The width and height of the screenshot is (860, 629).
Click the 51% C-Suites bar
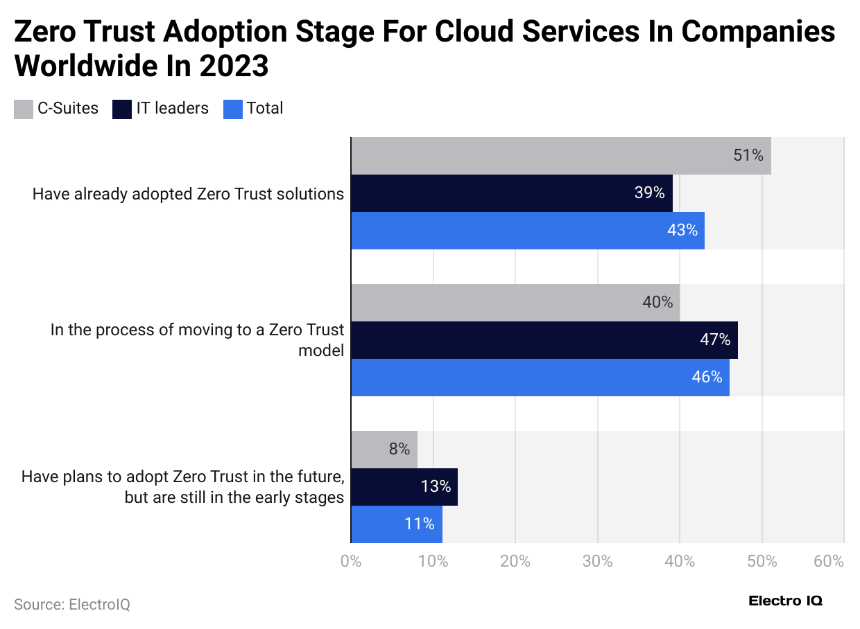pyautogui.click(x=560, y=156)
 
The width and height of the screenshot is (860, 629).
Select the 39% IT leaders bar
pyautogui.click(x=511, y=193)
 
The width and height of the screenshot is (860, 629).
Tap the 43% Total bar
pyautogui.click(x=527, y=231)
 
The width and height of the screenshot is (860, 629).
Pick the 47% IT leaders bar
pyautogui.click(x=544, y=339)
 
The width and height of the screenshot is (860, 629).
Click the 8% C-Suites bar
pyautogui.click(x=384, y=449)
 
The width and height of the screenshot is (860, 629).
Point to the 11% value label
pyautogui.click(x=420, y=524)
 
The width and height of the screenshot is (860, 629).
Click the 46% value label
pyautogui.click(x=707, y=378)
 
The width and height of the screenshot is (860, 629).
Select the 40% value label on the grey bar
pyautogui.click(x=657, y=302)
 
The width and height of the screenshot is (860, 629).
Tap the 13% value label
pyautogui.click(x=436, y=486)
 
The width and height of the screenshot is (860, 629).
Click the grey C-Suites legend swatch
pyautogui.click(x=24, y=109)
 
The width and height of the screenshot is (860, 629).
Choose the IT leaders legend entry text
pyautogui.click(x=173, y=108)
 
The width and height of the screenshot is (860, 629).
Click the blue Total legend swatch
pyautogui.click(x=233, y=109)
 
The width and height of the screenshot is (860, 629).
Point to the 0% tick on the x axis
pyautogui.click(x=351, y=561)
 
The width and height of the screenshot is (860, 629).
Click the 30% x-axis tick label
pyautogui.click(x=597, y=561)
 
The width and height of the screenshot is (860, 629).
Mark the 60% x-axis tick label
pyautogui.click(x=829, y=561)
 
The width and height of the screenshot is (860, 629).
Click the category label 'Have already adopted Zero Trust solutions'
pyautogui.click(x=188, y=194)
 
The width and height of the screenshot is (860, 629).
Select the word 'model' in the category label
pyautogui.click(x=320, y=351)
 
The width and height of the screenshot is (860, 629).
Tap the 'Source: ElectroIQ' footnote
pyautogui.click(x=72, y=604)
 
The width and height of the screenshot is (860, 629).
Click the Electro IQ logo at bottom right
pyautogui.click(x=785, y=601)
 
